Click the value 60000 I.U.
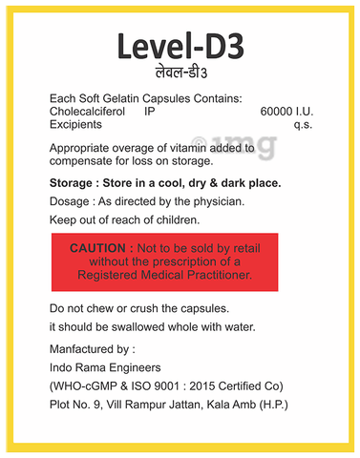click(x=286, y=113)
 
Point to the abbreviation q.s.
click(x=302, y=126)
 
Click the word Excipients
click(x=76, y=126)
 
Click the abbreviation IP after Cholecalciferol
click(x=149, y=113)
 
